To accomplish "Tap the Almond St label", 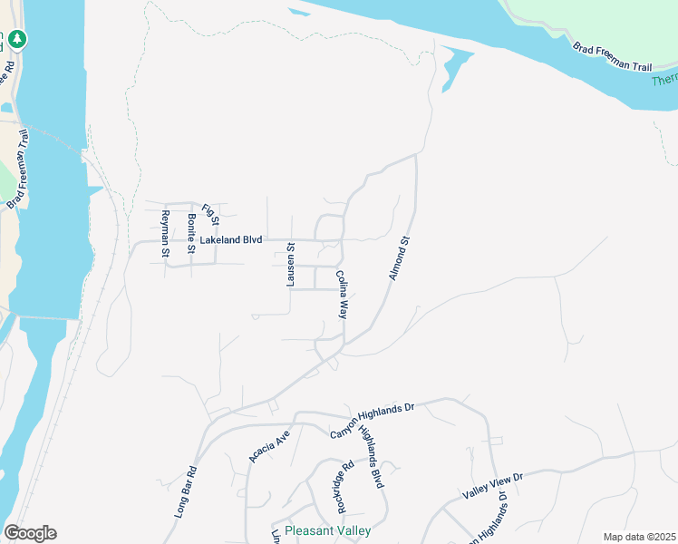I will pos(401,258).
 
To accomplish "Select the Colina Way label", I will pos(343,295).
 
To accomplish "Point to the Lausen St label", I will pos(291,265).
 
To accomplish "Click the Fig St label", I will pos(211,215).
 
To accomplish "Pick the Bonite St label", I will pos(191,233).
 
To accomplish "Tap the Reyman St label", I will pos(165,233).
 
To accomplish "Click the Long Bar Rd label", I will pos(186,492).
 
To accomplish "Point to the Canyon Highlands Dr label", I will pos(372,418).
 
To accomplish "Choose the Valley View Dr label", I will pos(493,485).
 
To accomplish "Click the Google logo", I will pos(30,533).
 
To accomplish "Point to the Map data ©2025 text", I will pos(638,537).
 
